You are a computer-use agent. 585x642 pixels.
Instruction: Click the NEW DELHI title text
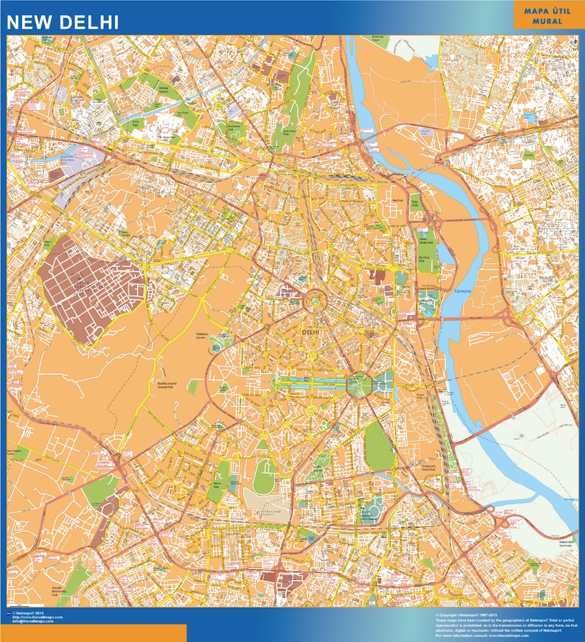[63, 21]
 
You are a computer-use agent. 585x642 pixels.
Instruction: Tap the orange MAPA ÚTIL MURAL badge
[547, 16]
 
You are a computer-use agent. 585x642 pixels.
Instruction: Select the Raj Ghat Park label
[424, 259]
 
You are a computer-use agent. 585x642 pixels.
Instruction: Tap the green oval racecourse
[264, 475]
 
